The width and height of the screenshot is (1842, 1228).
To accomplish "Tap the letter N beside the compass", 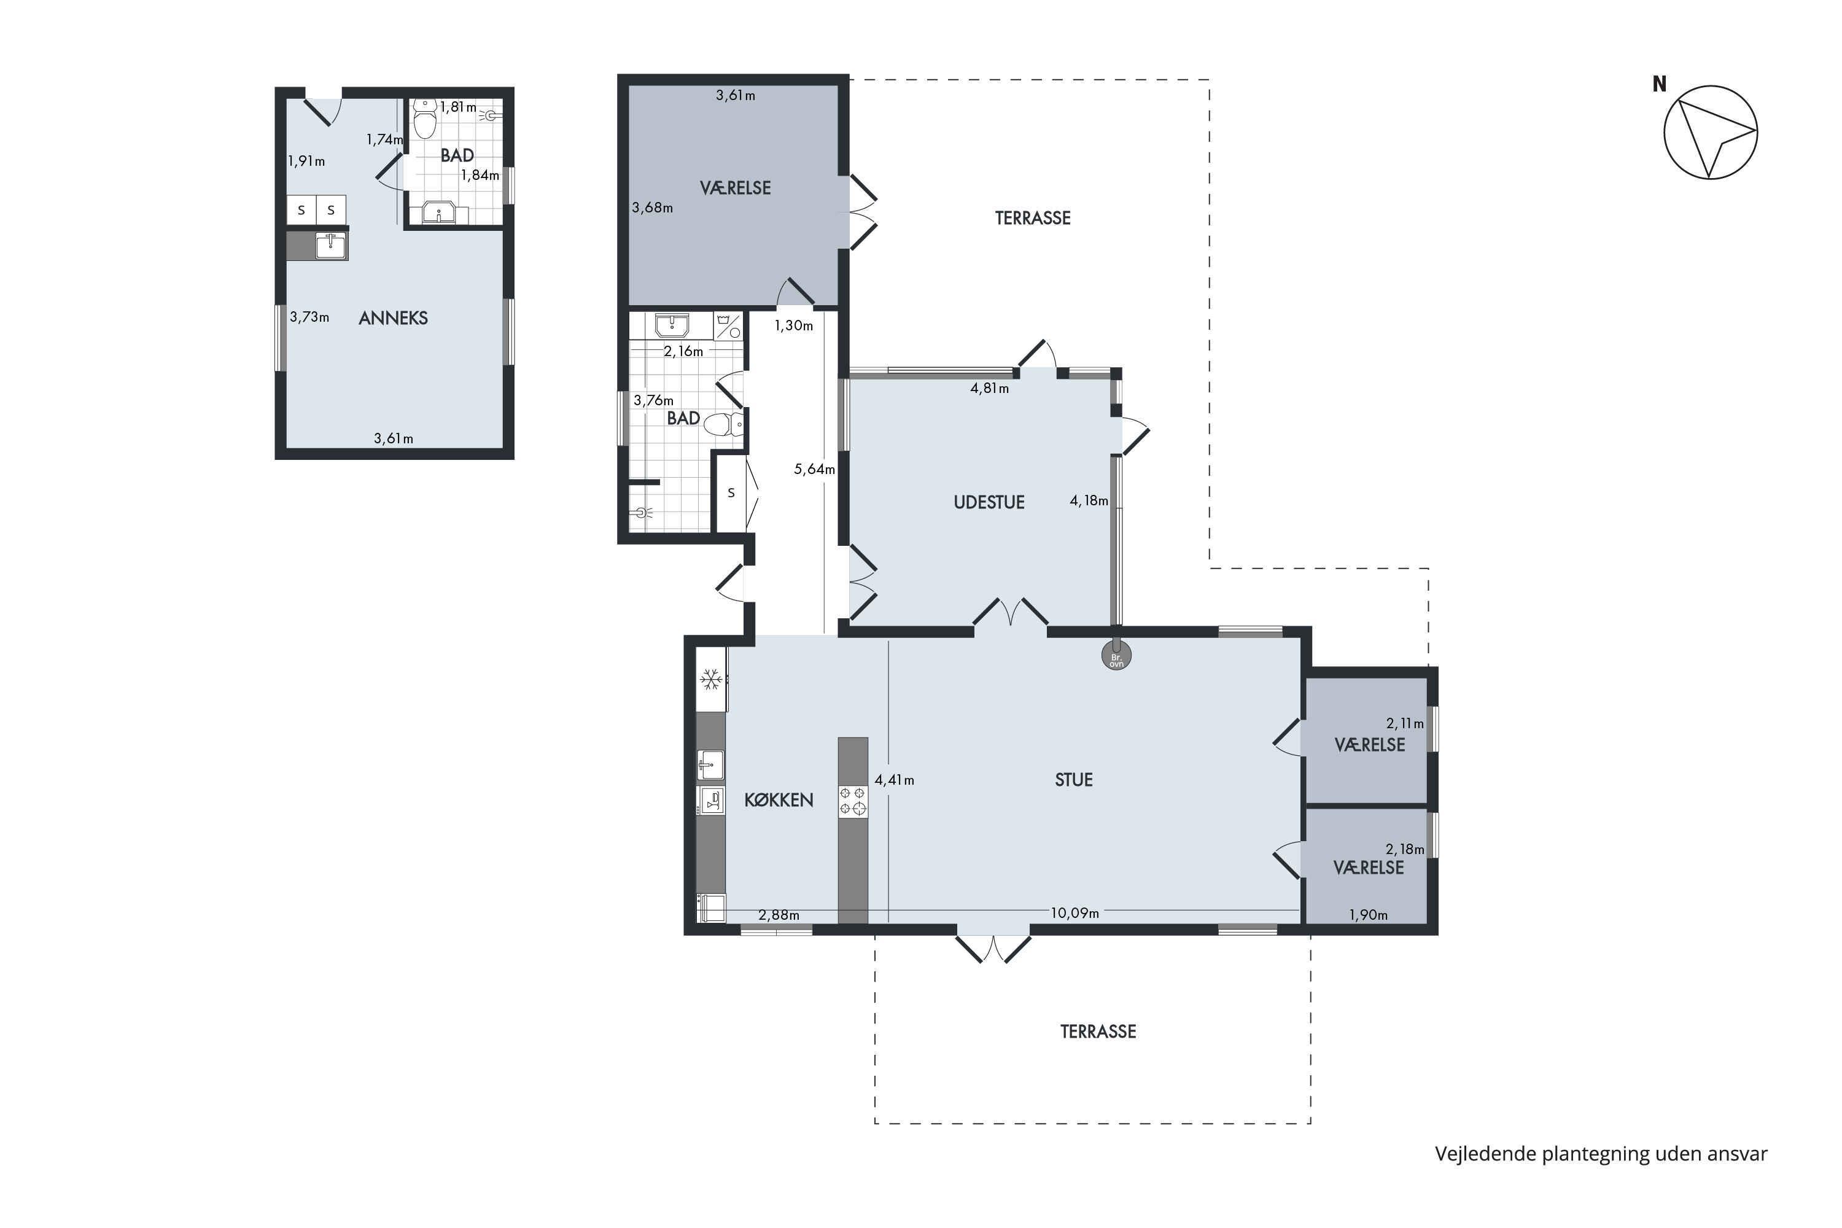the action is [1659, 84].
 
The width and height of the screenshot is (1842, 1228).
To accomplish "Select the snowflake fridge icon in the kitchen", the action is [710, 679].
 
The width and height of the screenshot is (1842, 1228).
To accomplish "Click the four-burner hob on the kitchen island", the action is [853, 801].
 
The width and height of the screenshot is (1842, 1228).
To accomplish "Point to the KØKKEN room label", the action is [779, 799].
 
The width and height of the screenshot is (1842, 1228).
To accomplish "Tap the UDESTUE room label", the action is [989, 502].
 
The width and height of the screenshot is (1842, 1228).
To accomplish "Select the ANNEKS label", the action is [393, 318].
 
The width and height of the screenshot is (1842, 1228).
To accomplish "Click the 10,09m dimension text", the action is [1074, 913].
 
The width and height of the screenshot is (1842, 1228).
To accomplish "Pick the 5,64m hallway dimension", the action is [815, 469].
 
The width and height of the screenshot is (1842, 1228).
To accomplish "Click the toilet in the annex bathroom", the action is [424, 119].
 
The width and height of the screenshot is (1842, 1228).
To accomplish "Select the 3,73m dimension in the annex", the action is [309, 317].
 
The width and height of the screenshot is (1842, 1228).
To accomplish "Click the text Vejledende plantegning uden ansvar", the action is [1601, 1154].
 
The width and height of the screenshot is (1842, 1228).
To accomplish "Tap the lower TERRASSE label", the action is [1098, 1032].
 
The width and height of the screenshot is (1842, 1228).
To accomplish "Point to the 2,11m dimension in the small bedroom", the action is [1405, 724].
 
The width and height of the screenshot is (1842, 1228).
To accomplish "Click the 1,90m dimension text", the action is [1368, 915].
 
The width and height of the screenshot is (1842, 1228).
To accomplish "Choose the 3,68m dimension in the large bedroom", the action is [652, 208].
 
